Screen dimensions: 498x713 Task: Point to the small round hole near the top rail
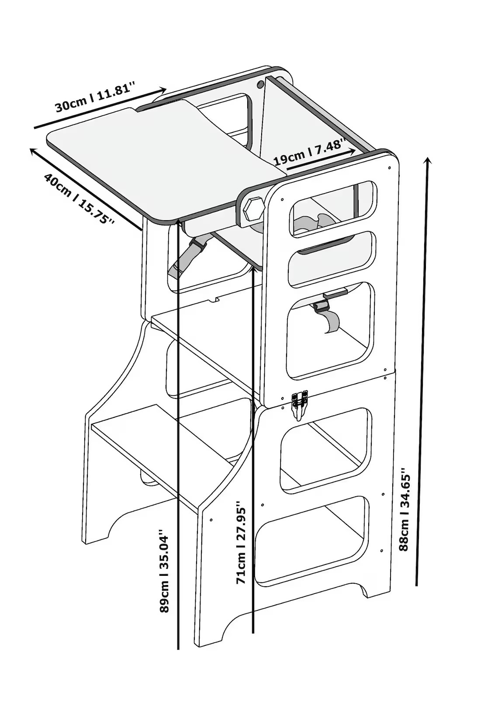260,84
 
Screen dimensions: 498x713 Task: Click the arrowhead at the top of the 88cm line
429,161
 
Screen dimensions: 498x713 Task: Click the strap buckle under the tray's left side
197,246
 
